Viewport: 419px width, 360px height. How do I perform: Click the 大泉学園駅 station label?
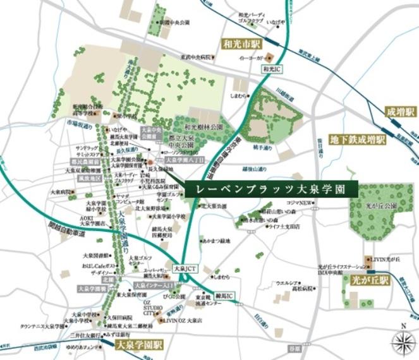tap(139, 345)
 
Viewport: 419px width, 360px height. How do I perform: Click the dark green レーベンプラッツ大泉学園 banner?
tap(272, 189)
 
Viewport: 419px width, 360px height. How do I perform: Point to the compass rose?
tap(402, 341)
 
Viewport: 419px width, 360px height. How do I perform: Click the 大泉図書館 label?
tap(95, 256)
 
